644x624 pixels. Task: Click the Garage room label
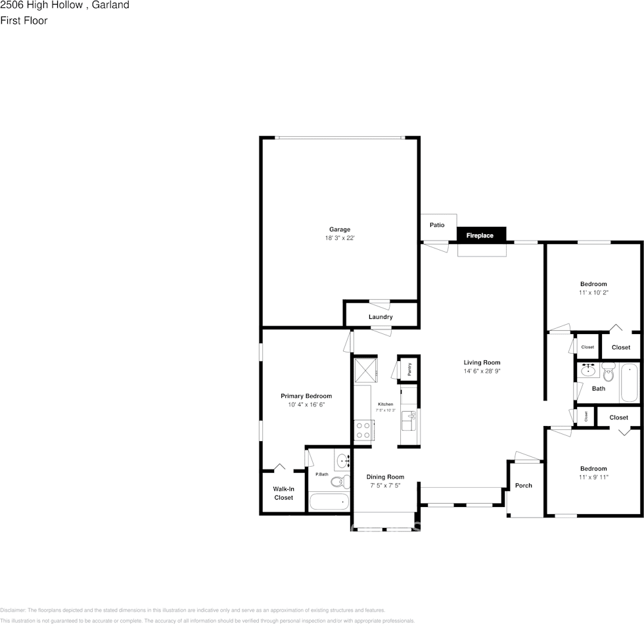[340, 229]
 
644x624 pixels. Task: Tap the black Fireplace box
[480, 235]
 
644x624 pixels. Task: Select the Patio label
[437, 225]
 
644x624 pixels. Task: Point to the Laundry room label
[380, 317]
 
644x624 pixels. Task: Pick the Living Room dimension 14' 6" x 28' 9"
[482, 372]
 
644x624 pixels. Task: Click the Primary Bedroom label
[306, 396]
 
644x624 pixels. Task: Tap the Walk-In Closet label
[284, 493]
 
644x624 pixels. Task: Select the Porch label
[524, 485]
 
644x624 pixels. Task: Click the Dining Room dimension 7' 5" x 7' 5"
[385, 485]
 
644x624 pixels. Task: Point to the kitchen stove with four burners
[363, 431]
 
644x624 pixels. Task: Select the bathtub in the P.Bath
[329, 503]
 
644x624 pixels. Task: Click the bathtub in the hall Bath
[629, 382]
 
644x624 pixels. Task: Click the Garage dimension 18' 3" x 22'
[340, 238]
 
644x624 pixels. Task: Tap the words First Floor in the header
[24, 20]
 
